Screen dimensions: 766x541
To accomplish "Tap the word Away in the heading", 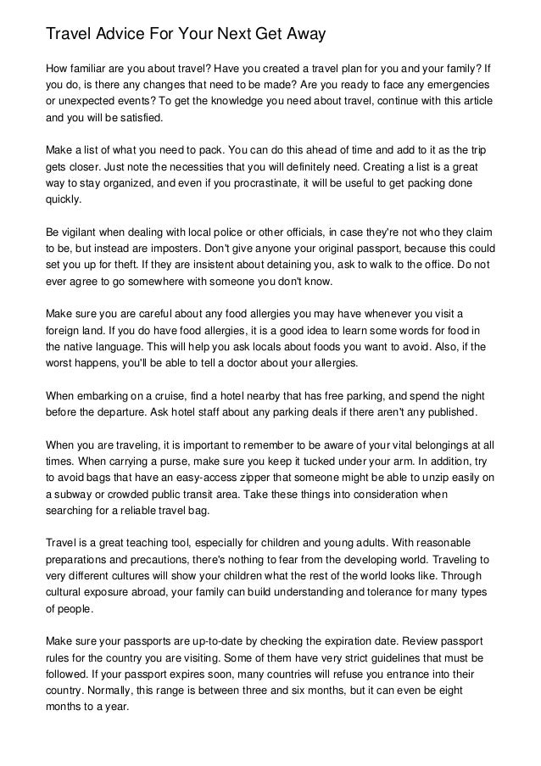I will (302, 35).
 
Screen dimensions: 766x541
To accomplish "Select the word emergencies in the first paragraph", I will (460, 86).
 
